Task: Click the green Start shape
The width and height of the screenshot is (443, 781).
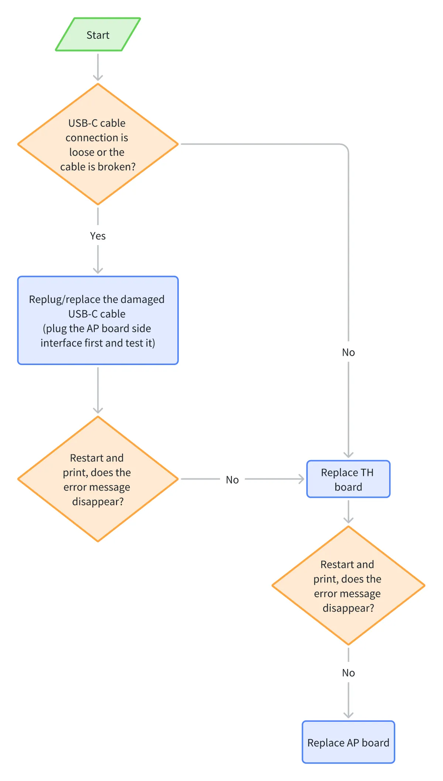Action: click(x=98, y=34)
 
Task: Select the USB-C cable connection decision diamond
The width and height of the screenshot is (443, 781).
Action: click(x=98, y=144)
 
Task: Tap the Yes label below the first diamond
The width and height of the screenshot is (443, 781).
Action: click(x=98, y=236)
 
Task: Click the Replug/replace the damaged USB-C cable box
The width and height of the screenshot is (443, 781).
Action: click(x=98, y=320)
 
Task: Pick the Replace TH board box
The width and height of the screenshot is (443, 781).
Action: click(x=348, y=479)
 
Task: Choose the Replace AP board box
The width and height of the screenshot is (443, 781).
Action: click(x=348, y=742)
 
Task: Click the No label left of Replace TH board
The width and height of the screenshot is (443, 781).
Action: click(x=232, y=479)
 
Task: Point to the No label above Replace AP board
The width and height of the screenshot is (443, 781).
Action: click(x=348, y=672)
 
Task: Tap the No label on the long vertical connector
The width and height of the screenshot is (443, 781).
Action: click(x=348, y=352)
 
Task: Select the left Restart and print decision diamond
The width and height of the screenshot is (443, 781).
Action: click(x=98, y=479)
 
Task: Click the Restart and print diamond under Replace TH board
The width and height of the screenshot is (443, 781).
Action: click(x=348, y=585)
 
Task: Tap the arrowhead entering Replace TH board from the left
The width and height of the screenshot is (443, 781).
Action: click(x=301, y=479)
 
